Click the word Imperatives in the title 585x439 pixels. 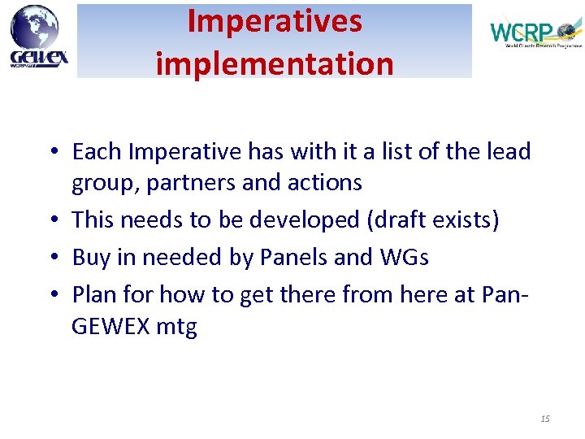coord(275,22)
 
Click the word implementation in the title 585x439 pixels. coord(275,62)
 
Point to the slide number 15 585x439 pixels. coord(544,419)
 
